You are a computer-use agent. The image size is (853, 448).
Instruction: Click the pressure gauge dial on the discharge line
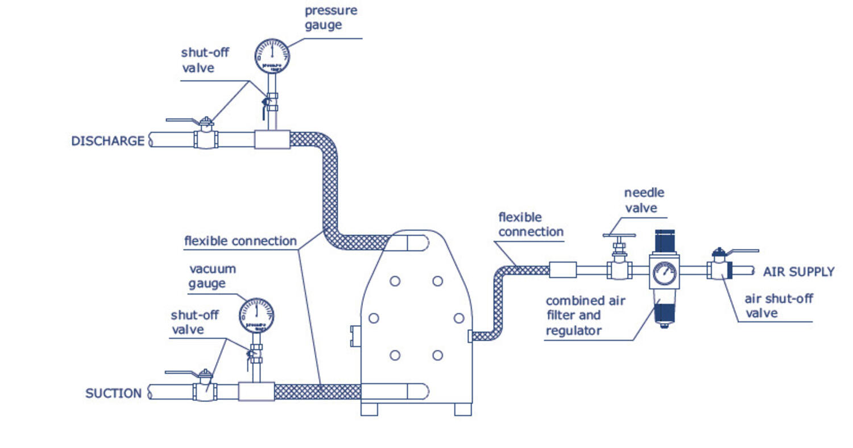coord(272,56)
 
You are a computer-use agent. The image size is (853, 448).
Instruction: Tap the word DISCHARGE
coord(107,141)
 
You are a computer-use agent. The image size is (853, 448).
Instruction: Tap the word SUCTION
coord(113,393)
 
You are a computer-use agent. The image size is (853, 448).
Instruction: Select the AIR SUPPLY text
coord(798,272)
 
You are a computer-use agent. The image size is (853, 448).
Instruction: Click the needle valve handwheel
coord(619,235)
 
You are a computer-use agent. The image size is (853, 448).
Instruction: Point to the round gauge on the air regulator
coord(664,273)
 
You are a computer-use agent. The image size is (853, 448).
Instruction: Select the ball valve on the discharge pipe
coord(206,138)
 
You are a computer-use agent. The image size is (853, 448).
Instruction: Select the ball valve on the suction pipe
coord(205,391)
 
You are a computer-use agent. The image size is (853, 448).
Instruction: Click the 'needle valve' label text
coord(644,200)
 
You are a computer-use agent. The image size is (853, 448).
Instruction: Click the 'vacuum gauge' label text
coord(212,276)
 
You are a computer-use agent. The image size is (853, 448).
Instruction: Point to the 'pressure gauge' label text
coord(330,18)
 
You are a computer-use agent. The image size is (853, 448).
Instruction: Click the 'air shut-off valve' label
coord(779,306)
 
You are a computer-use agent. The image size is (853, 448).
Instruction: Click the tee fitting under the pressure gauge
coord(272,139)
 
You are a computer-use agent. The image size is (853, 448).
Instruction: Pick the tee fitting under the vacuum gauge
coord(256,392)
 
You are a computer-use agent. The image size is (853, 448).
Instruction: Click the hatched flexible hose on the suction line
coord(317,392)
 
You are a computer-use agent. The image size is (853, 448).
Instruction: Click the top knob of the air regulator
coord(664,241)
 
